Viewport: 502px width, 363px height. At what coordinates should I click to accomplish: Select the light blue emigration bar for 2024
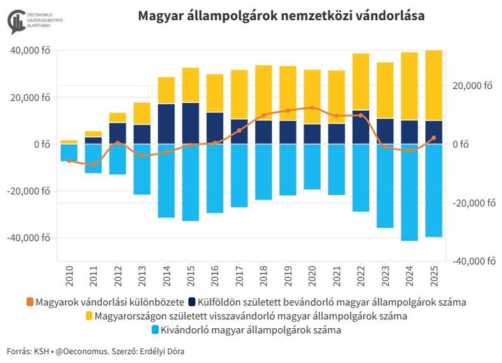[409, 192]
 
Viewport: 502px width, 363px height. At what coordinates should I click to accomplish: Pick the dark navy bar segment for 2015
[190, 123]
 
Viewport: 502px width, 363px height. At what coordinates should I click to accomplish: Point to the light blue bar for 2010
[69, 153]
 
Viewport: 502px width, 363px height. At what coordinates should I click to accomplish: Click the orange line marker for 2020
[312, 108]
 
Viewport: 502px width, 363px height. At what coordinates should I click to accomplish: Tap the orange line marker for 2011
[93, 164]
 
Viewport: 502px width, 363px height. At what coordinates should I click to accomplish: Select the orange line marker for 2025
[434, 138]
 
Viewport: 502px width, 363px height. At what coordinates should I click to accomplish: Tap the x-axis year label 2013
[142, 275]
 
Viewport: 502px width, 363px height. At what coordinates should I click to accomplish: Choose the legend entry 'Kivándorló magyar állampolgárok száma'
[254, 330]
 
